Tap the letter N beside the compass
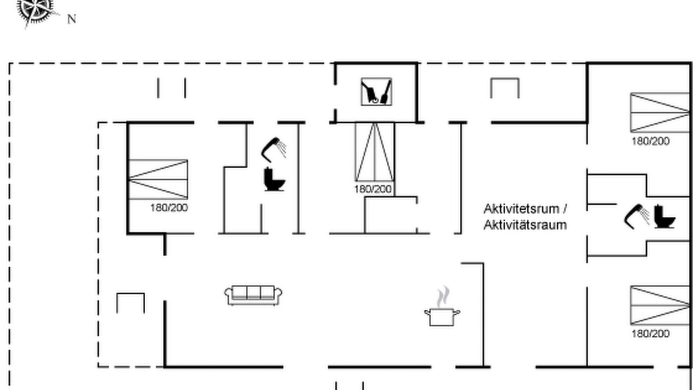pos(71,19)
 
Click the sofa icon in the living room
pos(253,296)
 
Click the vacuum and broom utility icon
pos(376,92)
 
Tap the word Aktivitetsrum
pos(521,209)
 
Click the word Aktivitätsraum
pos(525,225)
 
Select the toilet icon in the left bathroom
pos(274,179)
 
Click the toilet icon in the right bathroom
pos(664,217)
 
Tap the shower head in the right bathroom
pos(637,217)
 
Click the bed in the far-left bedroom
pos(158,179)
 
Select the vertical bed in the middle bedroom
pos(374,152)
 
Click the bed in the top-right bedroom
pos(660,113)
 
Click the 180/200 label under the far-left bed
pos(169,207)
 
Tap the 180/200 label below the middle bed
pos(373,189)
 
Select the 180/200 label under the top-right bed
pos(651,141)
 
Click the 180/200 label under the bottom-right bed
pos(651,334)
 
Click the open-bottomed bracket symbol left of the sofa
pos(130,294)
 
